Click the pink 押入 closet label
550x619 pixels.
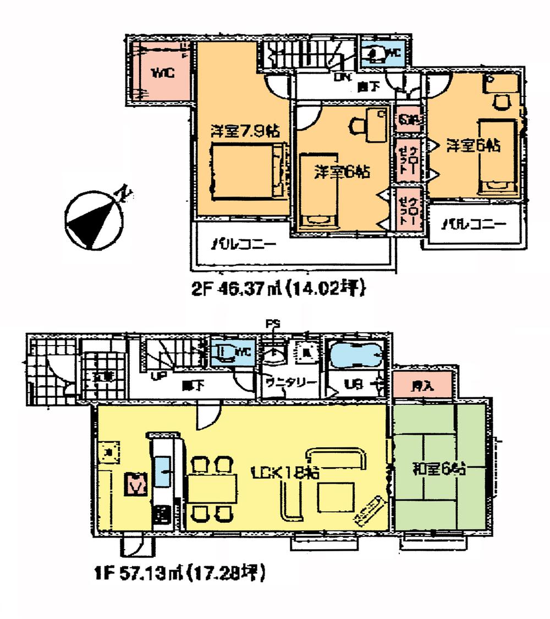tap(423, 386)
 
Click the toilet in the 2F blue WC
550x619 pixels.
tap(375, 54)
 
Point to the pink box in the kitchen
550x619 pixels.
tap(136, 484)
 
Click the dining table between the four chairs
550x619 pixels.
tap(212, 489)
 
